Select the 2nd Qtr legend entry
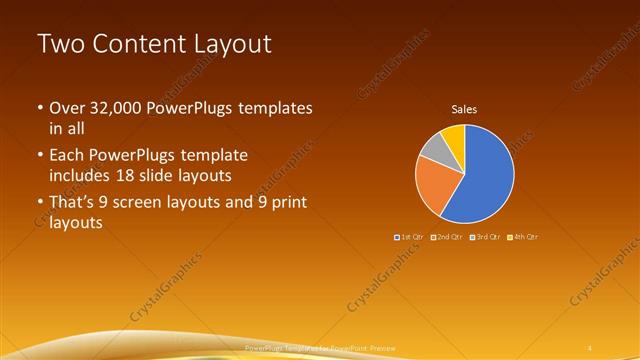447,237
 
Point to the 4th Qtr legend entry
523,237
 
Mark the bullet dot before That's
39,204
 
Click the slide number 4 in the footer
592,348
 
